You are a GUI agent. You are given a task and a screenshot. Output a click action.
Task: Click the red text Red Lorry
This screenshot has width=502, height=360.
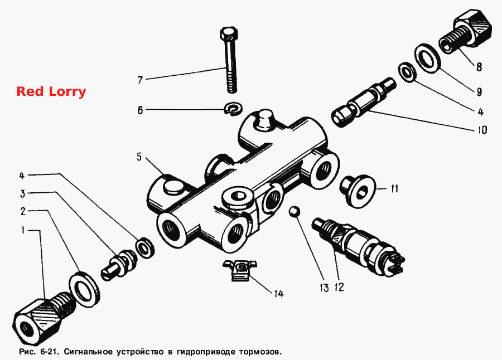coord(51,91)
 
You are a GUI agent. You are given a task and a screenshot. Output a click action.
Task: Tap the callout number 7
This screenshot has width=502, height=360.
coord(140,80)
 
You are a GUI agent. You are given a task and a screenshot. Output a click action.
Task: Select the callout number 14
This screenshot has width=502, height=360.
coord(278,294)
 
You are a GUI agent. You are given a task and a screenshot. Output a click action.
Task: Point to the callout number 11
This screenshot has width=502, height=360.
coord(394,188)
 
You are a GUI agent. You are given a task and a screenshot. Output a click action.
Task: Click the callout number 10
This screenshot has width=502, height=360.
coord(482,130)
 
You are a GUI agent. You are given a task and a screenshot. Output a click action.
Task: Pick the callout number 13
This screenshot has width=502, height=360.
coord(324,288)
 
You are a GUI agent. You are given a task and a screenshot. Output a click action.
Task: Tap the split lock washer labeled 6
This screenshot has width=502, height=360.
coord(233,109)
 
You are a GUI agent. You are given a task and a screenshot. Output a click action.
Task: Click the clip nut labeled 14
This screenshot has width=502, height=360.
coord(240,269)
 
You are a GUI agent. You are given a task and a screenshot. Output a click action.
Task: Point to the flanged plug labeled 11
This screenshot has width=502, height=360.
coord(358,191)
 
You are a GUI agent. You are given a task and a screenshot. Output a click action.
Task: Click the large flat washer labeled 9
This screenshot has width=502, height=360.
coord(427,59)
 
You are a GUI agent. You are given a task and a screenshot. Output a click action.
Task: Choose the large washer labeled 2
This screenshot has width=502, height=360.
coord(84,290)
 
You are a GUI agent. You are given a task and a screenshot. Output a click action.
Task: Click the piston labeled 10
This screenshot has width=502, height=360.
coord(363,103)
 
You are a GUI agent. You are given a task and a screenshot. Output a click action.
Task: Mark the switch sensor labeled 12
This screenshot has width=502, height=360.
coord(358,246)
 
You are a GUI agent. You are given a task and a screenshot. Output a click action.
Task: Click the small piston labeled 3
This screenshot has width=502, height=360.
coord(119,264)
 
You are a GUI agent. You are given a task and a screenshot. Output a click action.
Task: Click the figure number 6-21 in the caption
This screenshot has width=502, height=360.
coord(49,352)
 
